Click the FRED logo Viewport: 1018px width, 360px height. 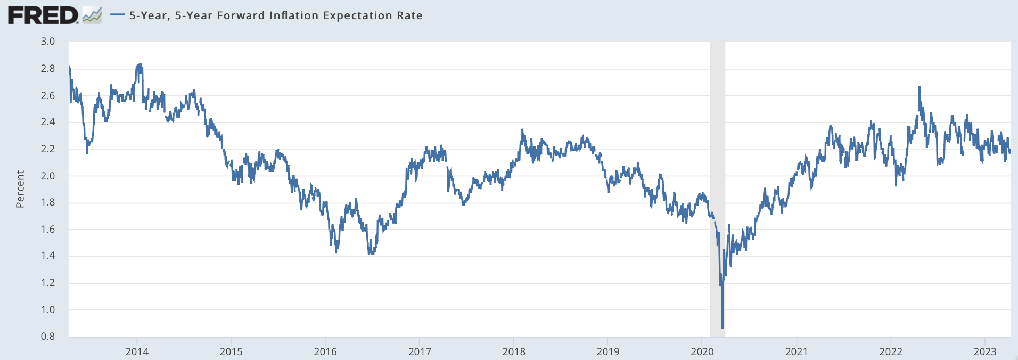pos(43,15)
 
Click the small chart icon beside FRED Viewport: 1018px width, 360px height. pos(92,15)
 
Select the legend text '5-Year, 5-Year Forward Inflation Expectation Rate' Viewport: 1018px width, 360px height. pos(275,15)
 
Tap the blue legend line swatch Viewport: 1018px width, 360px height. pos(117,15)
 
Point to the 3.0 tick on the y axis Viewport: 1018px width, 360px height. pos(48,42)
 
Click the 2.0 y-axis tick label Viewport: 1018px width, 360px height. pos(48,176)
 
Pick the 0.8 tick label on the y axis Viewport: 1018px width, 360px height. pos(48,337)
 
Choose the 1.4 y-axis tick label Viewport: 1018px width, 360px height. pos(48,256)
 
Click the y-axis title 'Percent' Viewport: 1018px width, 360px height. pos(20,189)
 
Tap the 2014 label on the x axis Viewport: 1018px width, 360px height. pos(137,351)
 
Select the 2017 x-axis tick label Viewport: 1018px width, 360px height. pos(420,351)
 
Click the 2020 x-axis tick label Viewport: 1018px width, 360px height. pos(702,351)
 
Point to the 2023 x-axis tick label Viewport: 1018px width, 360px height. pos(985,351)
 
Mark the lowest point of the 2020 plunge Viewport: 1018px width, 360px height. pos(723,328)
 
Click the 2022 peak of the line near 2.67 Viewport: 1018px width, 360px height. pos(920,87)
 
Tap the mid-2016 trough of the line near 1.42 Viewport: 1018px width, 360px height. pos(370,254)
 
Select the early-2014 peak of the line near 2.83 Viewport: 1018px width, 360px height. pos(139,64)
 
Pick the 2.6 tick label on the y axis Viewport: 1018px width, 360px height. pos(48,96)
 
